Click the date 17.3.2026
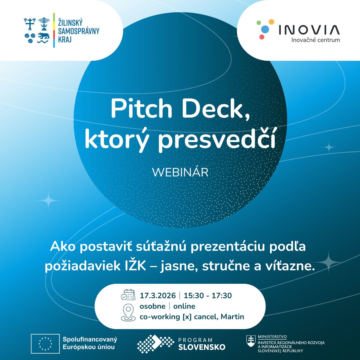click(158, 295)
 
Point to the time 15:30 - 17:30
click(208, 295)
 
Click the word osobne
click(152, 306)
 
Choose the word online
click(184, 306)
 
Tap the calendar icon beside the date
click(128, 295)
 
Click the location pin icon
click(128, 312)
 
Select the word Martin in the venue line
click(232, 316)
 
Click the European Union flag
click(45, 343)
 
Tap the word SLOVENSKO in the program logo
click(202, 347)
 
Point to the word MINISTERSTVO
click(272, 337)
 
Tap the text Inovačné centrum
click(316, 40)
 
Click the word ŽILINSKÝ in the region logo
click(70, 22)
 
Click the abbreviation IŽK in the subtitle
click(135, 266)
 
